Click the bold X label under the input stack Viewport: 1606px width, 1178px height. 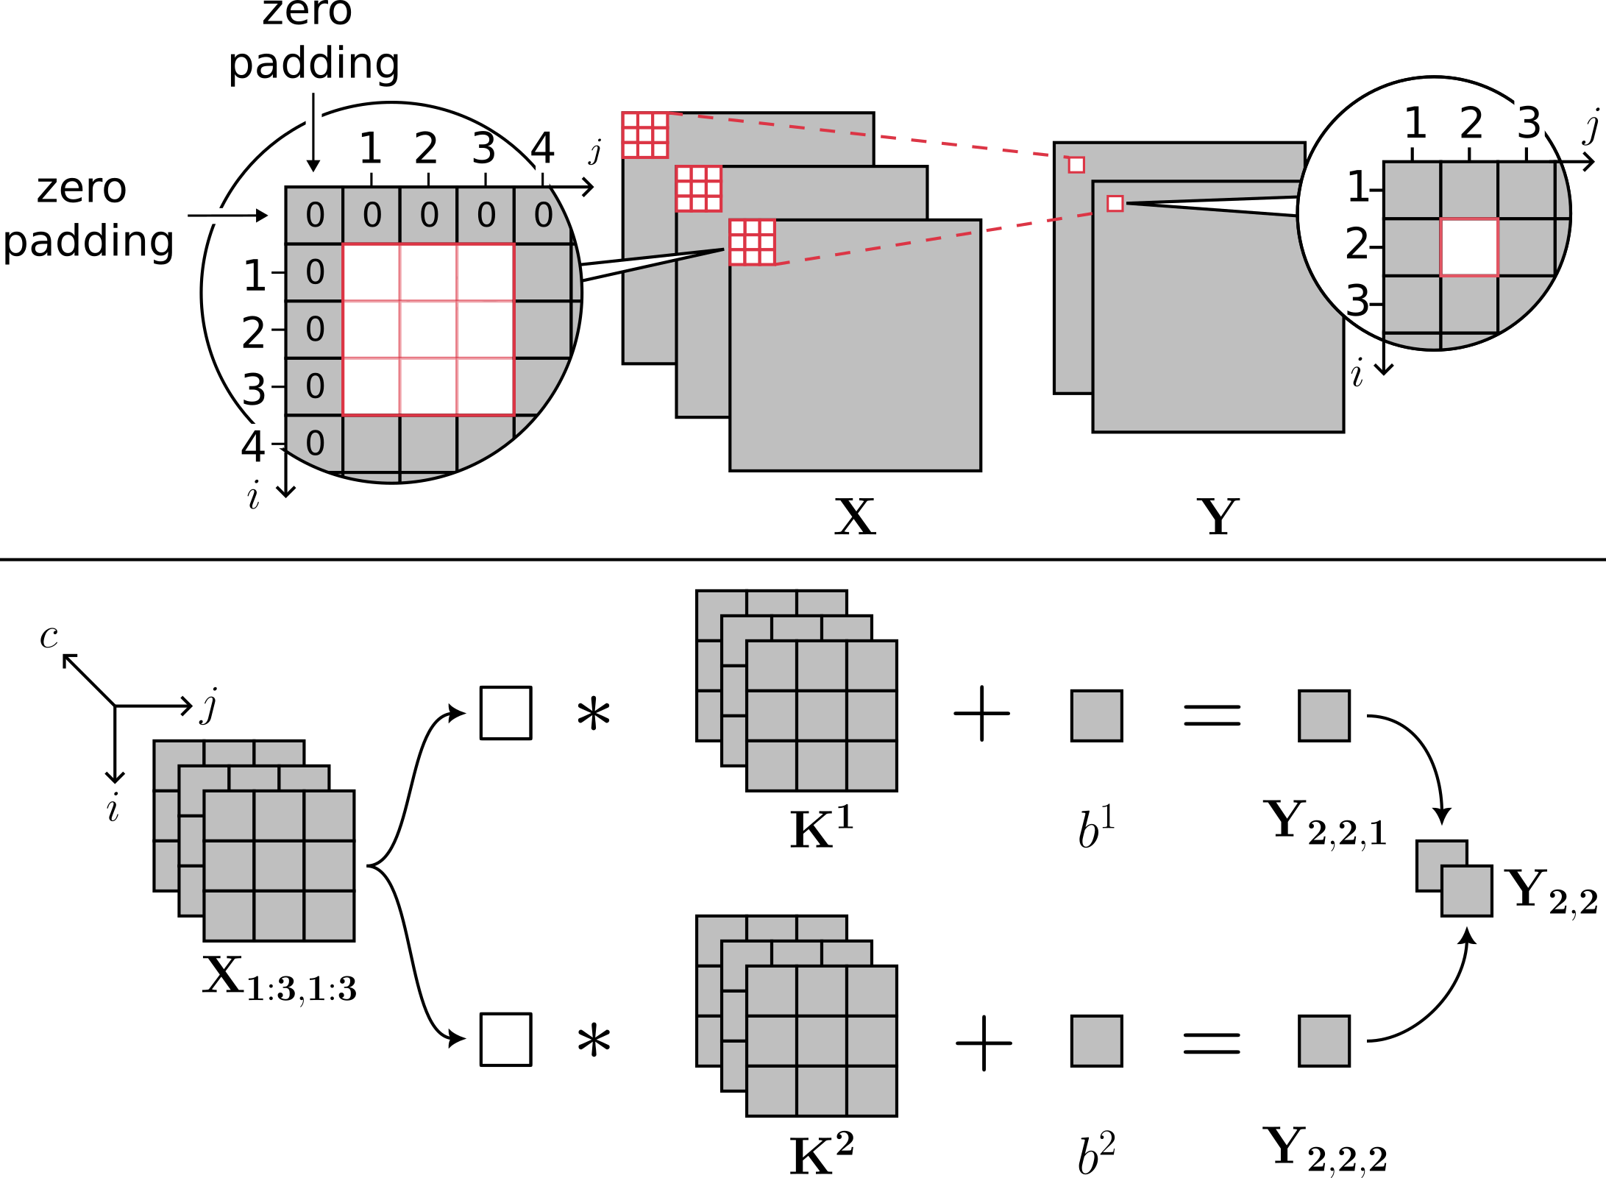click(x=855, y=517)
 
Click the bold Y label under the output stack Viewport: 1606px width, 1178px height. click(x=1218, y=517)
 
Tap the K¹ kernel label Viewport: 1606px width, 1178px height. click(x=821, y=828)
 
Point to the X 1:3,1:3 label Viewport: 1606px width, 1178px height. click(x=280, y=979)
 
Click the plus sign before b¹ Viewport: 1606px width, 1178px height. click(x=981, y=714)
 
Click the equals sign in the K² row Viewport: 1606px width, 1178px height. click(x=1212, y=1042)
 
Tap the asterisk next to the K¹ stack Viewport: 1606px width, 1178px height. click(x=594, y=715)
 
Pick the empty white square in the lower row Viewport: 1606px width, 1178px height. click(x=506, y=1039)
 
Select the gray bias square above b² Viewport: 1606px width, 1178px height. click(x=1096, y=1040)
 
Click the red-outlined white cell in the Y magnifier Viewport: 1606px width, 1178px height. click(x=1469, y=247)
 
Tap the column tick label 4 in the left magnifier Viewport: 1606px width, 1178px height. click(x=542, y=149)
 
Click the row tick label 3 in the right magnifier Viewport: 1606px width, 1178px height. click(x=1357, y=301)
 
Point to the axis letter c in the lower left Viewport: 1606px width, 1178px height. click(x=49, y=637)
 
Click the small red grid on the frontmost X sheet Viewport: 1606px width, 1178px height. click(x=752, y=241)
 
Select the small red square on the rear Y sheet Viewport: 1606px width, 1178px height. click(x=1076, y=165)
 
